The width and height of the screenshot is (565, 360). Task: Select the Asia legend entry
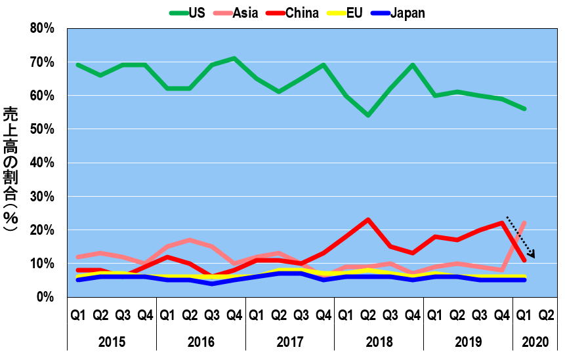tap(245, 13)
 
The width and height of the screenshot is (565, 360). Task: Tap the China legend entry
tap(302, 13)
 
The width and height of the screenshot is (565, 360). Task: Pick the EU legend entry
tap(354, 13)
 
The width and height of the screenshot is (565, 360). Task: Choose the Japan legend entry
tap(407, 13)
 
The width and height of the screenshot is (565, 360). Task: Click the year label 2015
tap(112, 342)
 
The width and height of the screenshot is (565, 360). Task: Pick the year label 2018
tap(379, 342)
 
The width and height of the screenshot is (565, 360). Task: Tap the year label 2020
tap(534, 342)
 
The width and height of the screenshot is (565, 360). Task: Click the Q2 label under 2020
tap(545, 315)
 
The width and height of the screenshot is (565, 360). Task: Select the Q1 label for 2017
tap(257, 315)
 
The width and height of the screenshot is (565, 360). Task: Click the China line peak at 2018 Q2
tap(368, 220)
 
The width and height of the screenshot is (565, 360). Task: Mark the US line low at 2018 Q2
tap(368, 115)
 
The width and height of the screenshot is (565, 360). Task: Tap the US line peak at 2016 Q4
tap(234, 58)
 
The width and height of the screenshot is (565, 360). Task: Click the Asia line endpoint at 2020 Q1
tap(524, 223)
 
